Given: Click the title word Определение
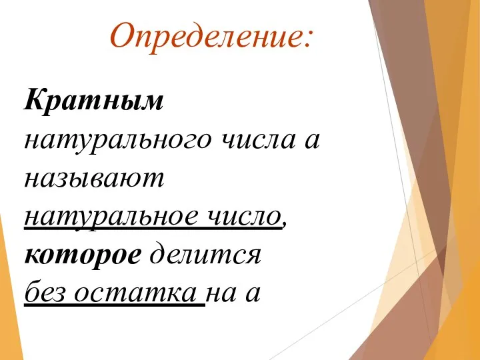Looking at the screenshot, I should point(204,37).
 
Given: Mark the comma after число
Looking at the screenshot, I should point(285,225).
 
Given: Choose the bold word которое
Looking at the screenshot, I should point(82,255).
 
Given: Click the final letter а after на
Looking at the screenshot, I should point(253,295).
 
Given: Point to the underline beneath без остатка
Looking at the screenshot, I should point(113,305).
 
